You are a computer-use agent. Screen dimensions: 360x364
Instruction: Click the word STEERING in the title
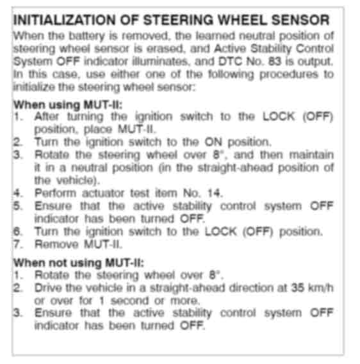point(178,20)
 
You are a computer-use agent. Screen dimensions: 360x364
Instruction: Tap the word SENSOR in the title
point(300,20)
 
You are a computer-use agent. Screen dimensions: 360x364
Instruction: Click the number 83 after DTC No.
point(275,61)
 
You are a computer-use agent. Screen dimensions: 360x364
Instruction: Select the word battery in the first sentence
point(87,36)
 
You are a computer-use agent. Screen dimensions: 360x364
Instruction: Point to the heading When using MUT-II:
point(68,105)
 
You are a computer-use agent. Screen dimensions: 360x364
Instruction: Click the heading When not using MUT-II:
point(79,263)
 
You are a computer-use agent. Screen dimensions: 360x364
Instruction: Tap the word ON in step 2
point(213,142)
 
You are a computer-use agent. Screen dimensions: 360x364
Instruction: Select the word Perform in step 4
point(55,193)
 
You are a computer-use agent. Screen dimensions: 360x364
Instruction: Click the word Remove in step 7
point(56,244)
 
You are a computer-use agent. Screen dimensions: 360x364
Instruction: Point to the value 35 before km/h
point(298,288)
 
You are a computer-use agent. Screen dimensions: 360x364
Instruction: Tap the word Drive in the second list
point(48,288)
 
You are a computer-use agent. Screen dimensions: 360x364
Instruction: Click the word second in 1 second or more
point(129,301)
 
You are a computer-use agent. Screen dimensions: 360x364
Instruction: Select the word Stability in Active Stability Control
point(271,49)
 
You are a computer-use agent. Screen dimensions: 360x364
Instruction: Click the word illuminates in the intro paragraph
point(160,61)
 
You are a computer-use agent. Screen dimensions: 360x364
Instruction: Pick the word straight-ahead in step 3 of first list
point(235,168)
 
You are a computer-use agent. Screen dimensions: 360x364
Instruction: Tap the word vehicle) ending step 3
point(78,180)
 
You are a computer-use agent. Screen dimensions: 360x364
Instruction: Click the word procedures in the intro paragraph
point(289,75)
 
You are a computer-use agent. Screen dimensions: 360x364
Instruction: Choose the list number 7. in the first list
point(19,244)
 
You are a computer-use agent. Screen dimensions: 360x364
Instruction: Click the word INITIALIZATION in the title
point(64,20)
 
